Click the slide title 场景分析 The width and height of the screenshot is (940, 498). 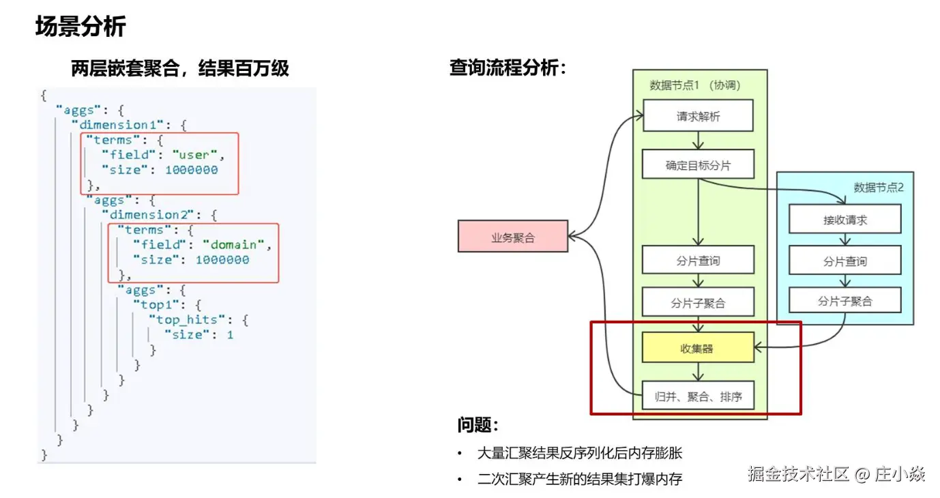tap(80, 27)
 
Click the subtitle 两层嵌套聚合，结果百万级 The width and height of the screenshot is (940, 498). tap(180, 68)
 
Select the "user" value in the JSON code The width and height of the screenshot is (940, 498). tap(193, 154)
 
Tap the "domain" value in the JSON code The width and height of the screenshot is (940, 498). tap(233, 244)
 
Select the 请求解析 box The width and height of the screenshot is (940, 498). tap(698, 116)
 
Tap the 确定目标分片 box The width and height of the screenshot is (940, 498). tap(698, 164)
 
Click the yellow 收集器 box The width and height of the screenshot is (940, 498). tap(698, 348)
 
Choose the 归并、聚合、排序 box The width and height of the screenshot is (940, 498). tap(698, 396)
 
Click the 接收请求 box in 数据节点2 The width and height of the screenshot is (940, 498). tap(844, 220)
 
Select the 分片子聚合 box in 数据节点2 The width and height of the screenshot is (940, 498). tap(844, 300)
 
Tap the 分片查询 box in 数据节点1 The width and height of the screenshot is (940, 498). tap(698, 260)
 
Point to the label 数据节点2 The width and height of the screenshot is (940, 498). tap(878, 188)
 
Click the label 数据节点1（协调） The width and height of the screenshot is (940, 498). tap(695, 85)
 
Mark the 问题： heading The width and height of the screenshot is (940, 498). tap(478, 426)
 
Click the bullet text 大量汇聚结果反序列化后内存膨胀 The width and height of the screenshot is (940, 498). tap(580, 453)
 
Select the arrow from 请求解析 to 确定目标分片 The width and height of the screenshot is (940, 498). tap(698, 141)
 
